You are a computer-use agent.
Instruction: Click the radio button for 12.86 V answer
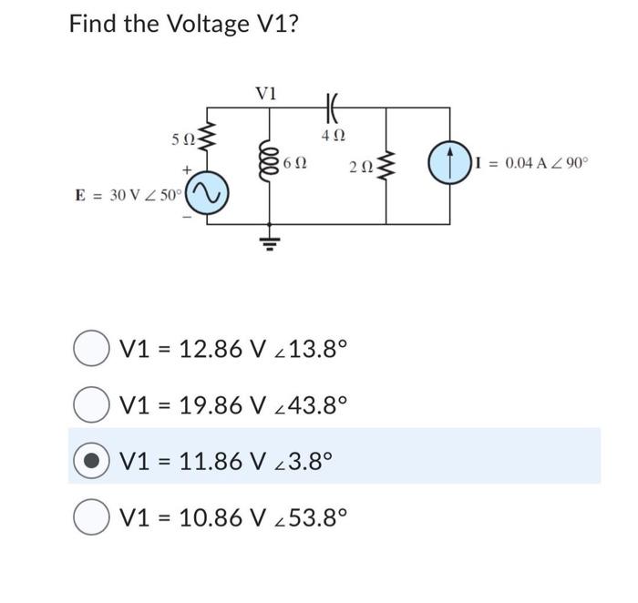tap(89, 348)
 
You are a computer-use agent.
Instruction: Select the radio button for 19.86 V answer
tap(89, 404)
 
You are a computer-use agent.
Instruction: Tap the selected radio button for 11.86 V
tap(89, 460)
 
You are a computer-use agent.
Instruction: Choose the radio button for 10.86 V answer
tap(89, 516)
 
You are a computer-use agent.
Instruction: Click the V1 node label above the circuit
tap(267, 94)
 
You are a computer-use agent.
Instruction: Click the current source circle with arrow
tap(449, 165)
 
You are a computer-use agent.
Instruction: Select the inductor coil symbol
tap(269, 164)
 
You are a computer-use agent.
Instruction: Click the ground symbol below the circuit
tap(269, 240)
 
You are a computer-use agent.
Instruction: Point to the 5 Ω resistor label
tap(181, 139)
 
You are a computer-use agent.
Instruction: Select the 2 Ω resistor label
tap(360, 166)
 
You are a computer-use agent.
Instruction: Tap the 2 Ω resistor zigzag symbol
tap(386, 166)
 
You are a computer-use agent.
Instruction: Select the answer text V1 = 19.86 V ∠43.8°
tap(234, 404)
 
